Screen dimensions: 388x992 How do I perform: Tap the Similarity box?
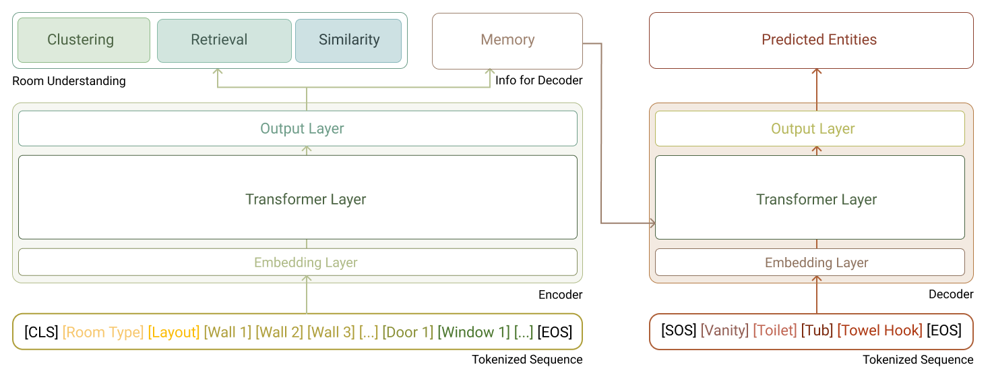tap(348, 40)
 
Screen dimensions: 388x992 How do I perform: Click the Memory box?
tap(507, 40)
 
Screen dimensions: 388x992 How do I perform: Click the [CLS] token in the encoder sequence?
tap(41, 332)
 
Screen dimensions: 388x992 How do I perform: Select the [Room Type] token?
tap(102, 332)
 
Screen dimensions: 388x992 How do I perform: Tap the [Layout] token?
tap(174, 332)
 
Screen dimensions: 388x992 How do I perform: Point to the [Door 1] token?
tap(407, 332)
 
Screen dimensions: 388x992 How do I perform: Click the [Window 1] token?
tap(474, 332)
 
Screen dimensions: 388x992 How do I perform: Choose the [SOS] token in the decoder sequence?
tap(678, 331)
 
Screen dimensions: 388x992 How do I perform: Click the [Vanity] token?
tap(724, 331)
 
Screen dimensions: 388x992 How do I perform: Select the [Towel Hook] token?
tap(879, 331)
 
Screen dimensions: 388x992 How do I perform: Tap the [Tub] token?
tap(816, 331)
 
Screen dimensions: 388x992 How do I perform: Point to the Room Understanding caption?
tap(69, 81)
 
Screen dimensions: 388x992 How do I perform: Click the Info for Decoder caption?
tap(538, 81)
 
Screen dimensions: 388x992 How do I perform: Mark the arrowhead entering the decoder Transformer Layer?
tap(652, 223)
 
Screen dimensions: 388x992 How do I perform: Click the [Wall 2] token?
tap(279, 332)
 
